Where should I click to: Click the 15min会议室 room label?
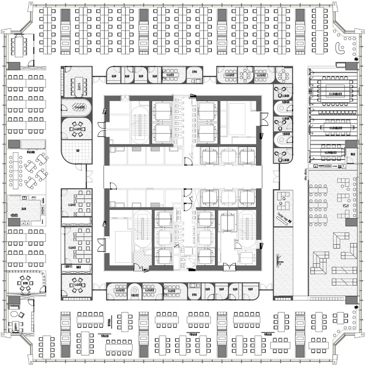77,108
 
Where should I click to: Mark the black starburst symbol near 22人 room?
356,60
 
